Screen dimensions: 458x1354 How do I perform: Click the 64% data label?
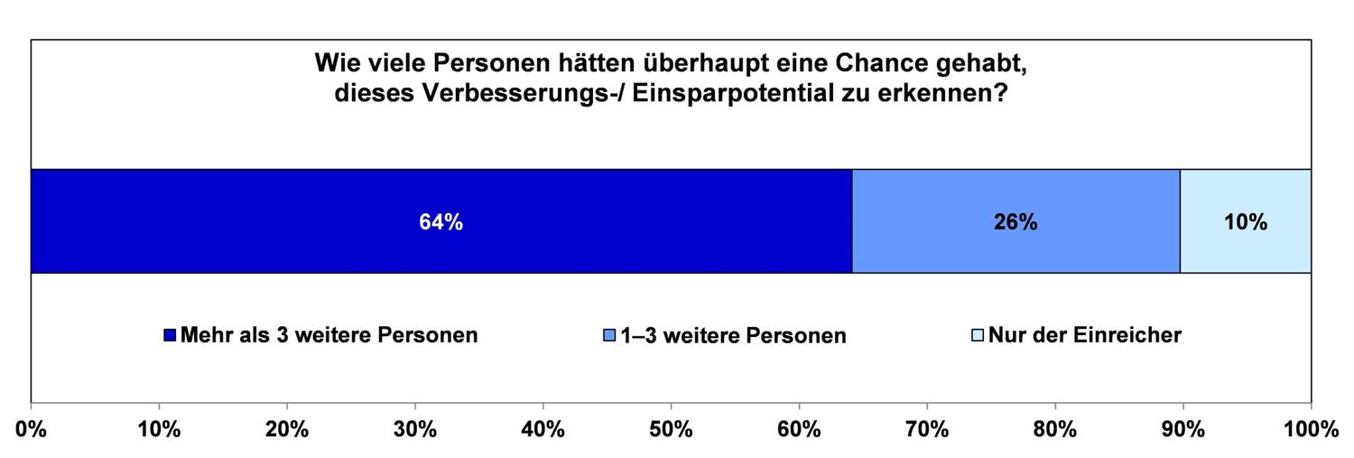click(x=441, y=222)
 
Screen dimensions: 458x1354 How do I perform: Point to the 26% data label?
click(x=1015, y=222)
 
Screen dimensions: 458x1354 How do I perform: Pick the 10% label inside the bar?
click(x=1246, y=222)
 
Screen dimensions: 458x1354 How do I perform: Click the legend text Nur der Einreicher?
click(x=1084, y=335)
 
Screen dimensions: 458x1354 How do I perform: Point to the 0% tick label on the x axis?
click(x=31, y=429)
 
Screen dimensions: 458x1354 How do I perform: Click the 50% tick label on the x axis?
click(x=671, y=429)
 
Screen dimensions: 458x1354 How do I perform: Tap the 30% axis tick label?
click(x=414, y=429)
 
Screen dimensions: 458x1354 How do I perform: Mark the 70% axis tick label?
click(x=926, y=429)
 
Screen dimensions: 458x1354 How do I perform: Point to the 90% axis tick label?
click(x=1182, y=429)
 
